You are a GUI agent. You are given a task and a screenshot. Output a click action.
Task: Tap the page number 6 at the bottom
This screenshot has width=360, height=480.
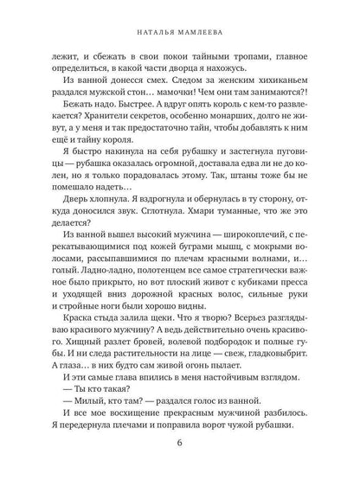[x=179, y=446]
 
